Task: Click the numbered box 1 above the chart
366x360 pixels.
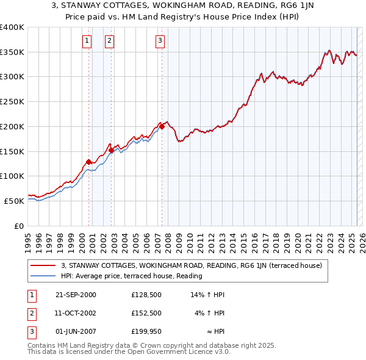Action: tap(87, 41)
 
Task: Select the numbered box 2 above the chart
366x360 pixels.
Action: tap(109, 41)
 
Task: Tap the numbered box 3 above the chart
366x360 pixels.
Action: tap(160, 41)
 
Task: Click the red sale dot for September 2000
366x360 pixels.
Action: tap(88, 162)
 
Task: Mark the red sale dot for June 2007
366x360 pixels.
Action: tap(162, 127)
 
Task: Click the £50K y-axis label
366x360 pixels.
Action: tap(13, 201)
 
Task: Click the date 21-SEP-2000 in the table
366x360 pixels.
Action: tap(76, 295)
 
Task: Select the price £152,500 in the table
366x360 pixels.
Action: tap(146, 312)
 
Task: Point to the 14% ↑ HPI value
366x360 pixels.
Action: tap(207, 295)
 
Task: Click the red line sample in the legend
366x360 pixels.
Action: tap(43, 265)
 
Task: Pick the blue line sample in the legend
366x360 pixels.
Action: tap(43, 276)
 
